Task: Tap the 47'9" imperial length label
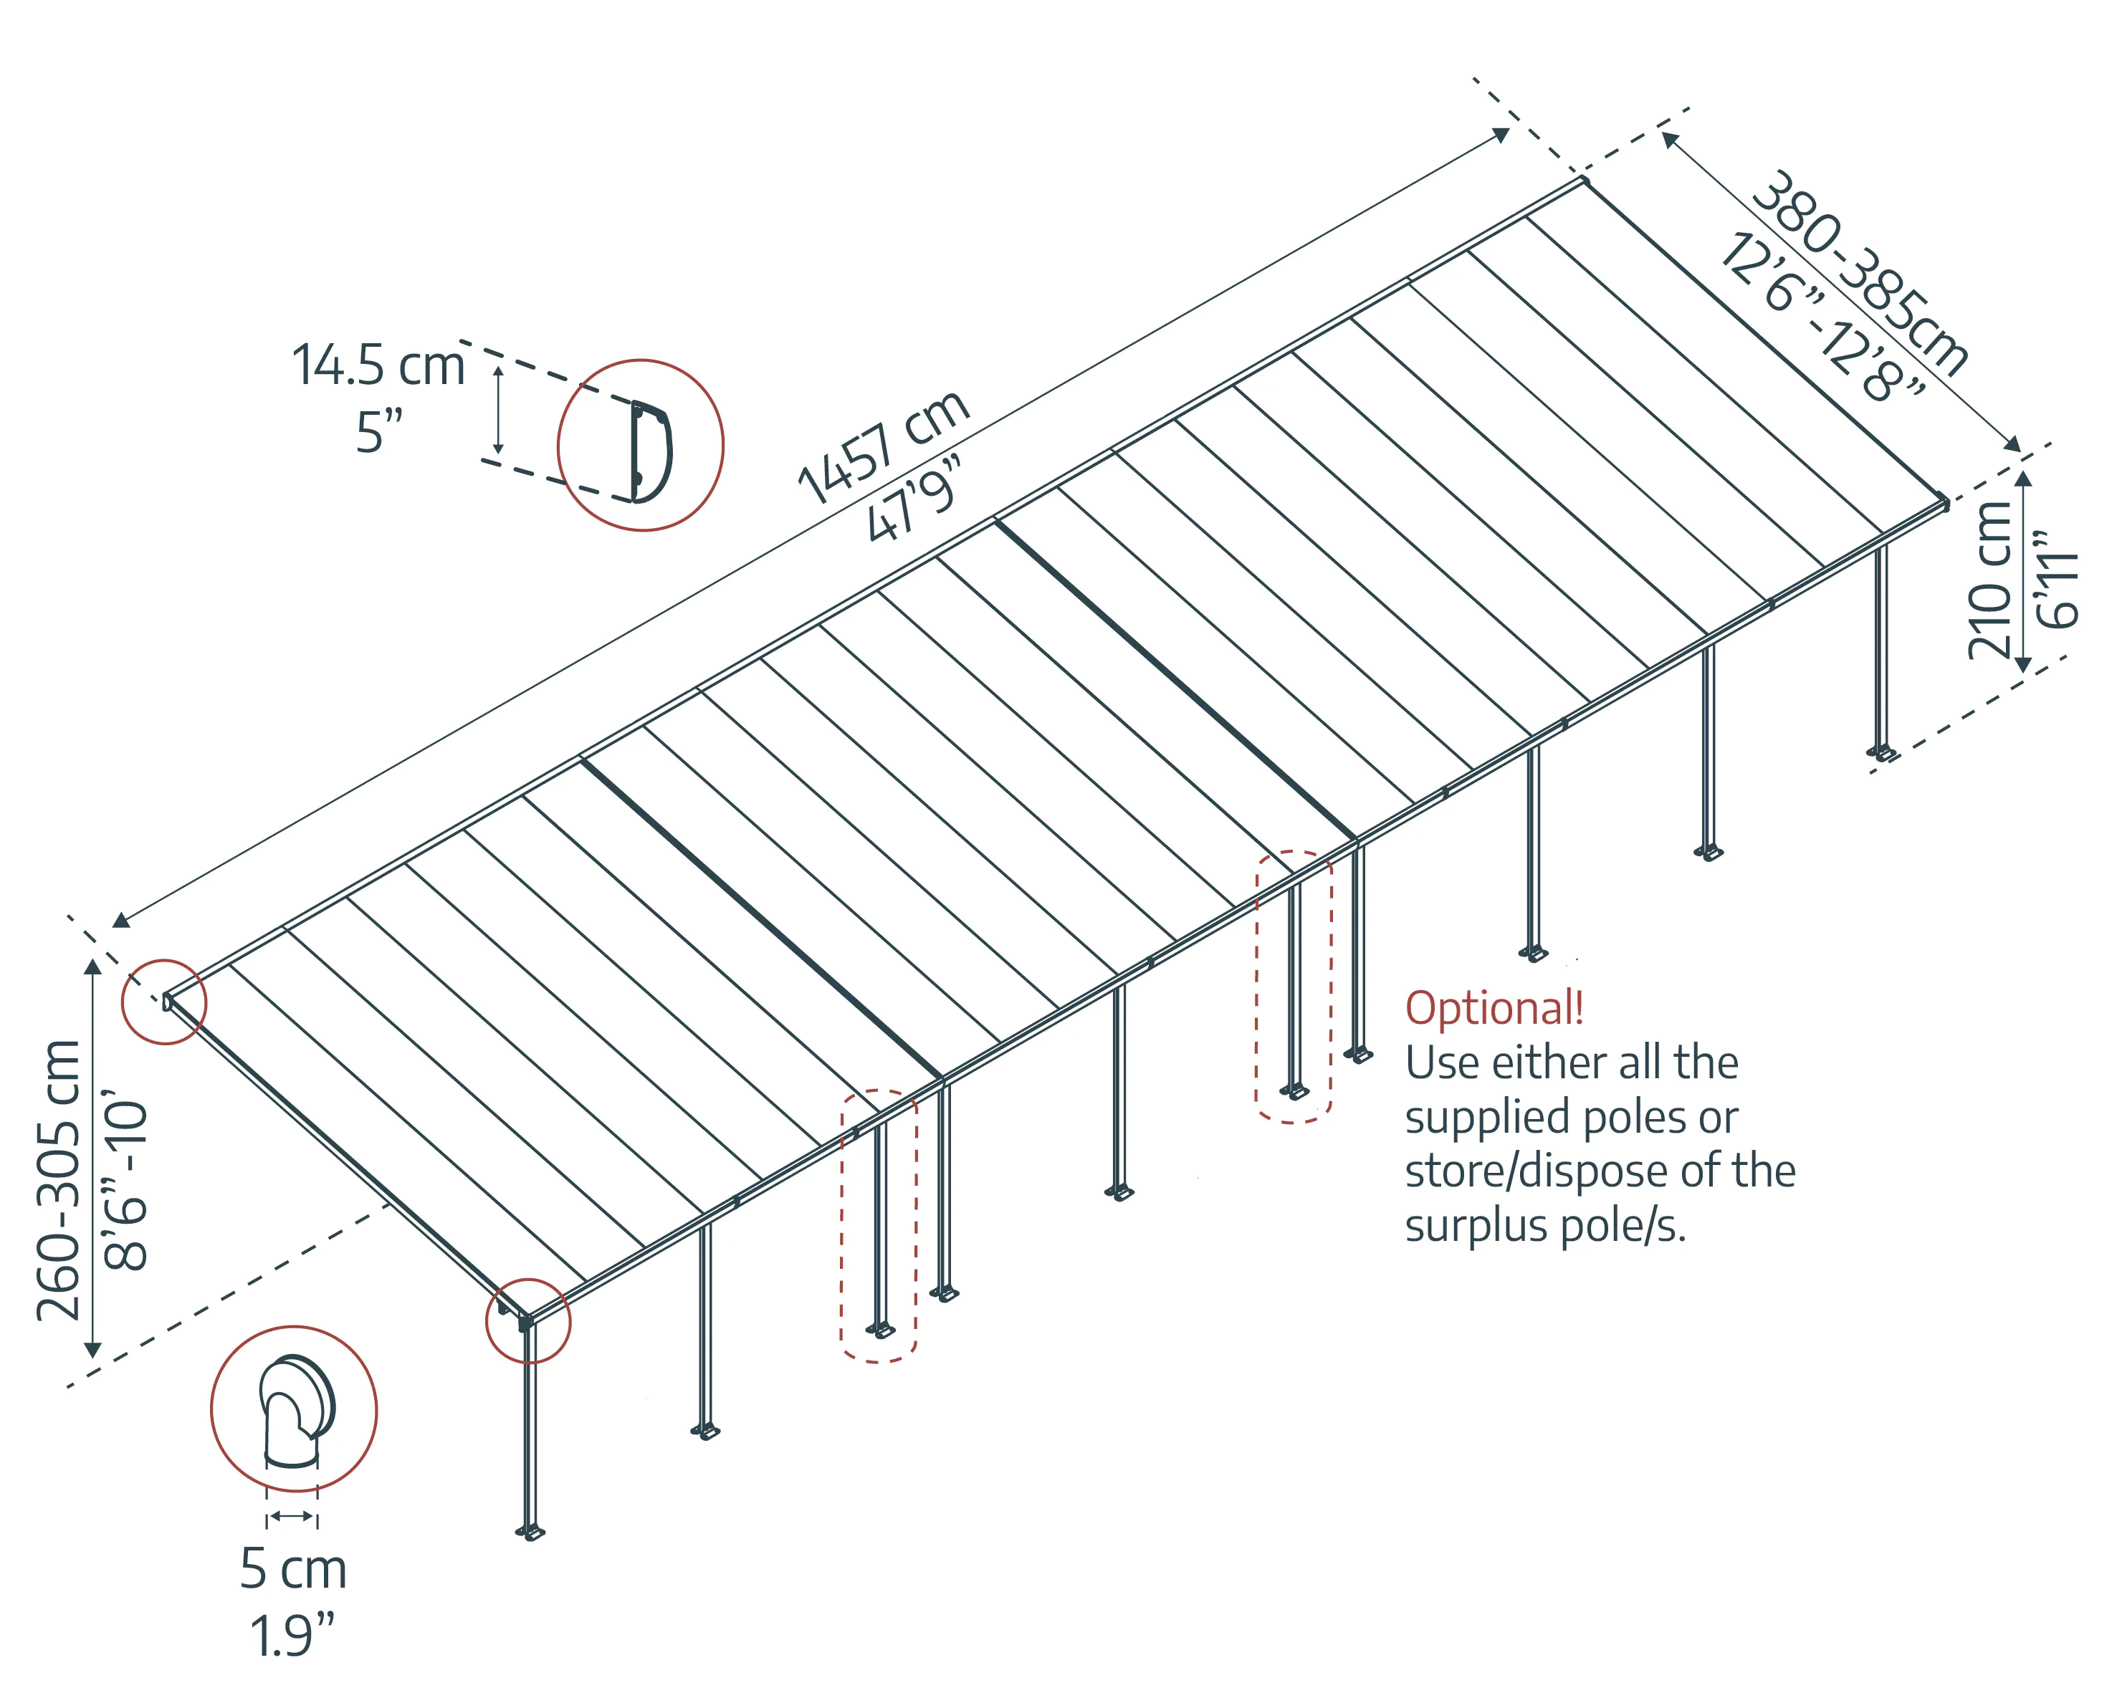[x=913, y=499]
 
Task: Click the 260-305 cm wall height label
[x=59, y=1180]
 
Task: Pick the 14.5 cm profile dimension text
[x=378, y=365]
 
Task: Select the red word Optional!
[x=1494, y=1008]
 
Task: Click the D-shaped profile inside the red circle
[x=649, y=451]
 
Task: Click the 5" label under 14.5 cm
[x=379, y=432]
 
